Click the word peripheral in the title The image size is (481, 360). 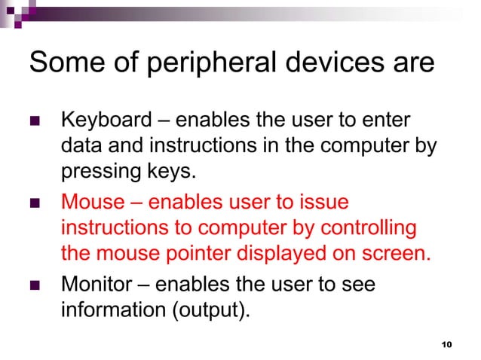[190, 64]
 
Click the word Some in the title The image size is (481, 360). [61, 63]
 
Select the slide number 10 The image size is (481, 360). [445, 344]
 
